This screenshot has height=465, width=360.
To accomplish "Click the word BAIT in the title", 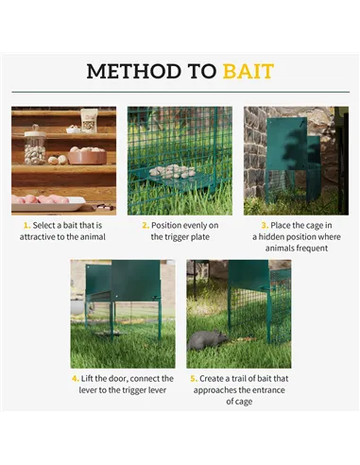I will point(248,72).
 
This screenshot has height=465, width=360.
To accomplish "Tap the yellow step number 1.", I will point(26,225).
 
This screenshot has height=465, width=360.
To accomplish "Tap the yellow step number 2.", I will point(145,225).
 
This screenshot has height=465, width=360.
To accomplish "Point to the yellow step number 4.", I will point(76,378).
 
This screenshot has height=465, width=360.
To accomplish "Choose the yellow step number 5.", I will point(194,378).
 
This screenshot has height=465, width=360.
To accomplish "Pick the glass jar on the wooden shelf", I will point(35,146).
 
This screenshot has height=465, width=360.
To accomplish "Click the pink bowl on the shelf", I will point(86,155).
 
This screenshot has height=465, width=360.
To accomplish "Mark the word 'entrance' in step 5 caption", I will point(267,389).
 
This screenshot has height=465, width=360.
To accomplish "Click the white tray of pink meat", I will point(47,200).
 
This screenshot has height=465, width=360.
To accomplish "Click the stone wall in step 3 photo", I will point(255,151).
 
